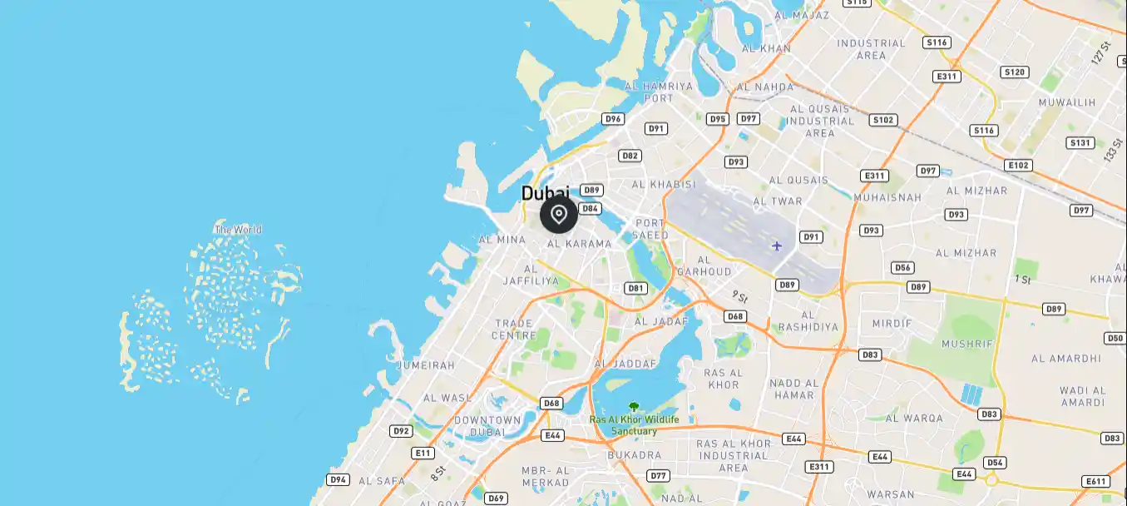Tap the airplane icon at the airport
[x=777, y=246]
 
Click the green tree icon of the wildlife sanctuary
[x=634, y=407]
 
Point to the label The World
[x=238, y=230]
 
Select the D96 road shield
[x=613, y=119]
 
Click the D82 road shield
[x=630, y=156]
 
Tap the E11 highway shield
[x=423, y=453]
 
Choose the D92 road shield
[x=402, y=431]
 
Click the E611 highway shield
[x=1096, y=481]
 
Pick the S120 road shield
[x=1015, y=72]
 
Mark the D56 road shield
[x=902, y=268]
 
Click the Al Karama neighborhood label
[x=579, y=244]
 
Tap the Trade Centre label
[x=515, y=330]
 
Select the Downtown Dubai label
[x=487, y=426]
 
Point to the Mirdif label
[x=892, y=323]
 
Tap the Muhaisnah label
[x=887, y=198]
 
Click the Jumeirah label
[x=427, y=365]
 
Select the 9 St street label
[x=740, y=296]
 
